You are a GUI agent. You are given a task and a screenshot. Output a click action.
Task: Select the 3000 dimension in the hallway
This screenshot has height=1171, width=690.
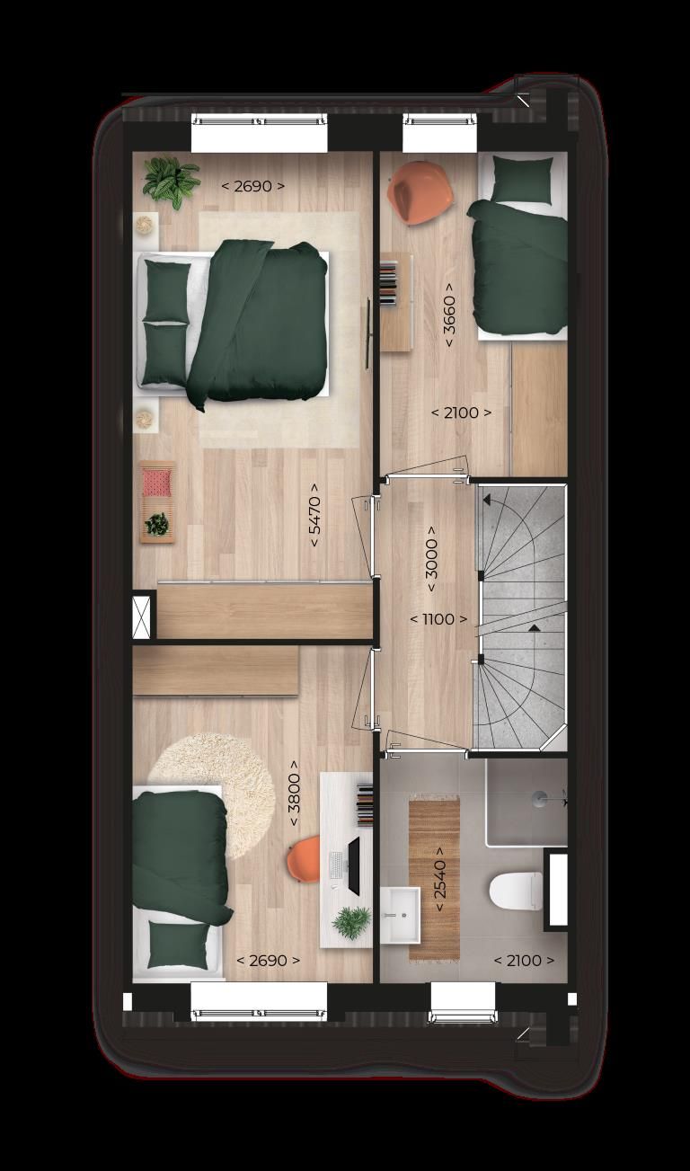(431, 558)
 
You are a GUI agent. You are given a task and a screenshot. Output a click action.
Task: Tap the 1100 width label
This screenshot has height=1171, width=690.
(438, 619)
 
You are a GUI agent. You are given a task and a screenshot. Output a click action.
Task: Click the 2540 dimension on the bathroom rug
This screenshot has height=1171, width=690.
(440, 879)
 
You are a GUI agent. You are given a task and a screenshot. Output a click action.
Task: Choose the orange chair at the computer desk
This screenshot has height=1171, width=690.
(303, 860)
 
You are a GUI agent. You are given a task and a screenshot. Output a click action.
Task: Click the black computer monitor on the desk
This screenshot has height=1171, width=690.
(353, 865)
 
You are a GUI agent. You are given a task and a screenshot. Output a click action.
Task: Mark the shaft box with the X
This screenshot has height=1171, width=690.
(144, 617)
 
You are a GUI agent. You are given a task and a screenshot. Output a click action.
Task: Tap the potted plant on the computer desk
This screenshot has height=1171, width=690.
(350, 921)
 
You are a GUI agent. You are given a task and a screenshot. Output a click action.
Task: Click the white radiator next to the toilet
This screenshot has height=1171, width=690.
(557, 890)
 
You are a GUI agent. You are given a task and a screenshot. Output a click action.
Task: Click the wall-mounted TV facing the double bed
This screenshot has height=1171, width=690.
(368, 333)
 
